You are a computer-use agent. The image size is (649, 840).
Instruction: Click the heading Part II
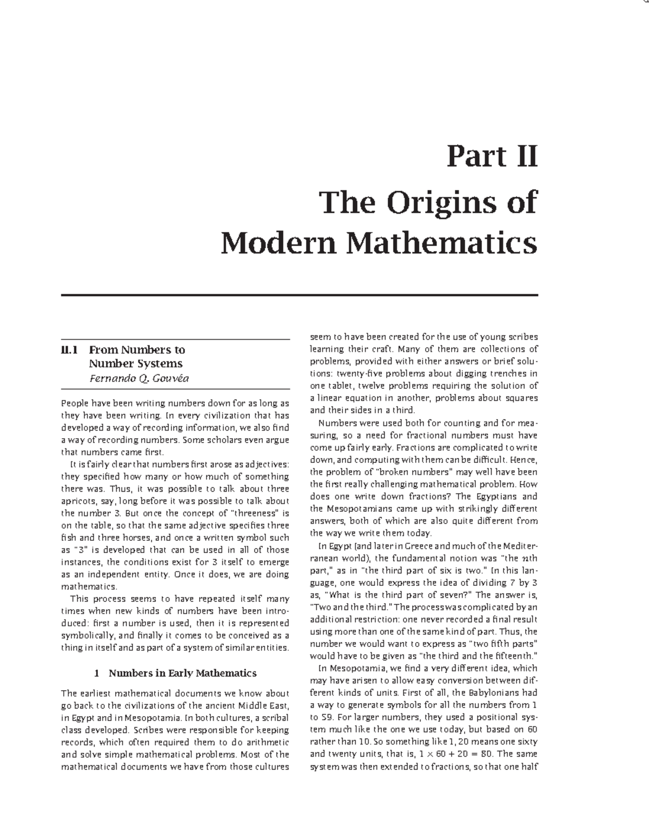tap(492, 157)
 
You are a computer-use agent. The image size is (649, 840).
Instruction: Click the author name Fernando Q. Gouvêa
tap(139, 378)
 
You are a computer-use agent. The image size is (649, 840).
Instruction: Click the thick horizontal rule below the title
tap(300, 295)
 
